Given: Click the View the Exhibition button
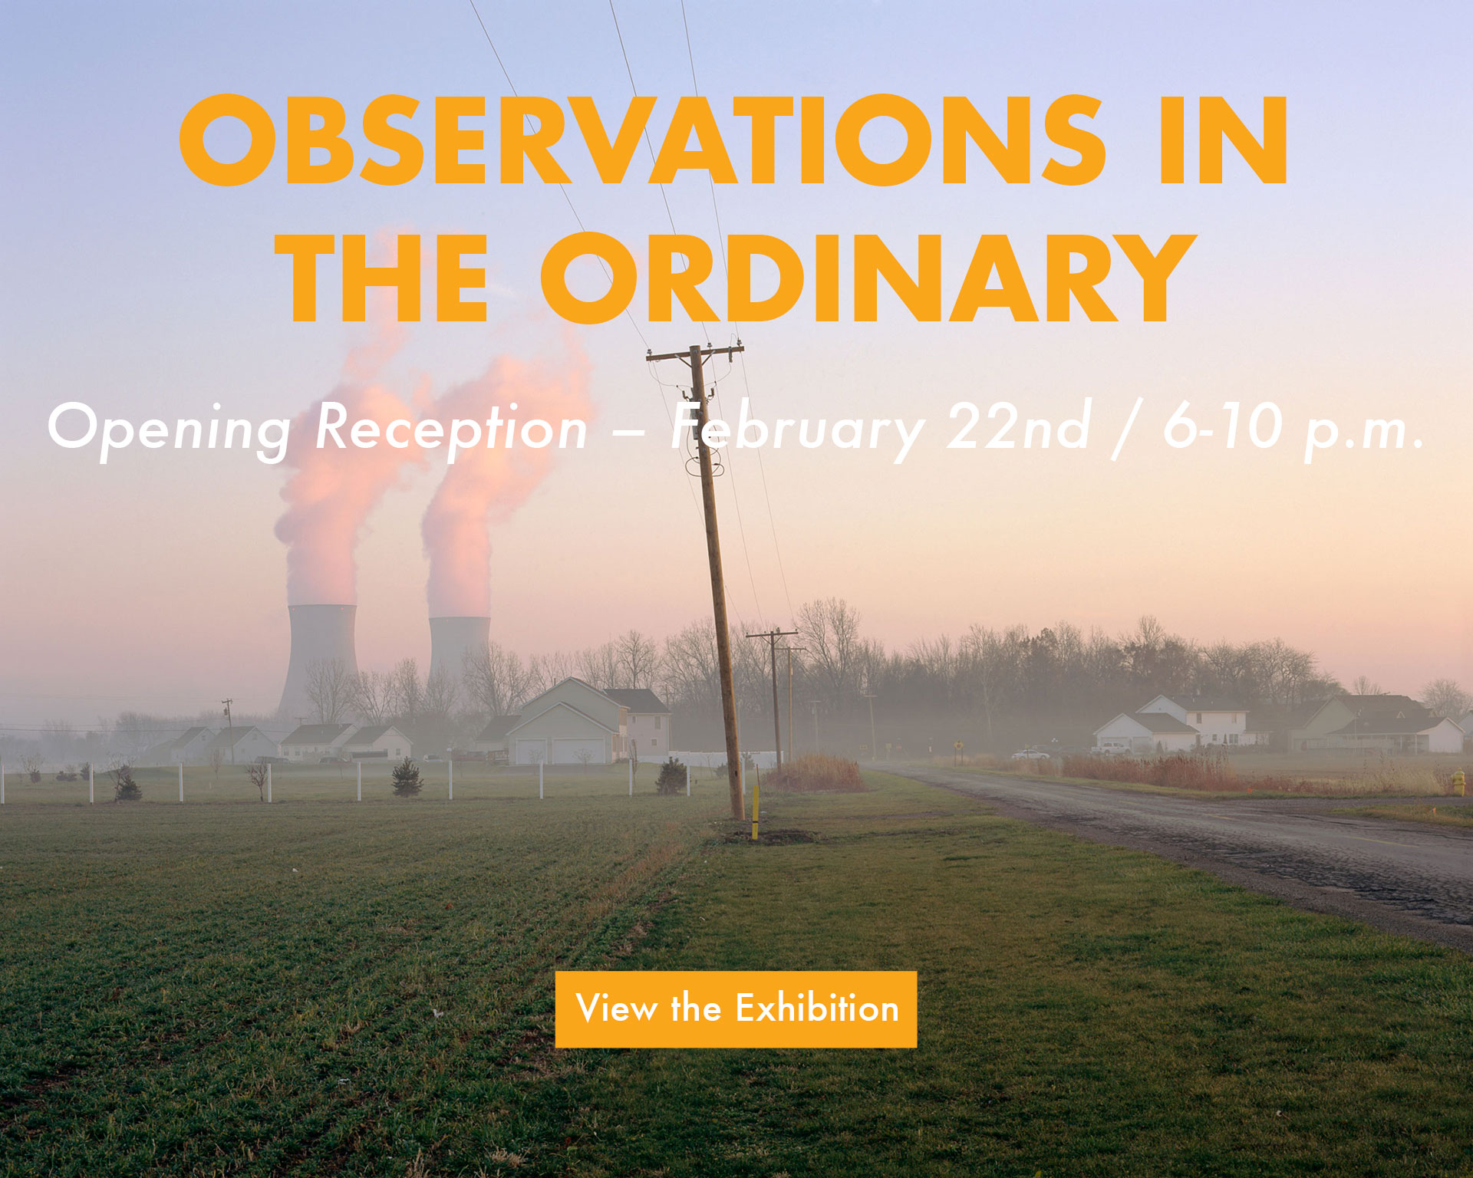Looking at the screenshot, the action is pos(736,1009).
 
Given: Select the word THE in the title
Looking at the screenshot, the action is pos(382,278).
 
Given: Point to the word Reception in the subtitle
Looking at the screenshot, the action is pos(451,429).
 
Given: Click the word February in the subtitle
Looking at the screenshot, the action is pos(798,429).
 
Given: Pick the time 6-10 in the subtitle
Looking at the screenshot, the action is pos(1223,426).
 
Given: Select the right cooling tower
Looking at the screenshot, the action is pos(458,648).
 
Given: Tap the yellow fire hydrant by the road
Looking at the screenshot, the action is pos(1458,782).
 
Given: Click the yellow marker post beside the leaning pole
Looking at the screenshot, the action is pos(755,811).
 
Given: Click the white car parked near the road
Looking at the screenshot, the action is pos(1030,755).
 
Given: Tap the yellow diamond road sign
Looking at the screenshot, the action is pos(958,744).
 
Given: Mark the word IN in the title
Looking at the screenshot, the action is pos(1223,140).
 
